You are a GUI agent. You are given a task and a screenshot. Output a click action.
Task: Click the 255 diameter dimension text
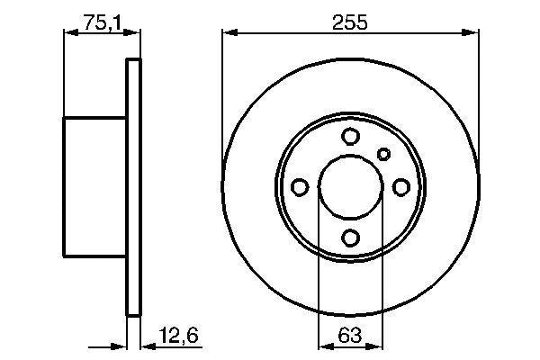tap(350, 23)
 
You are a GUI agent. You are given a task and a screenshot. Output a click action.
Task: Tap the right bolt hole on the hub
tap(400, 186)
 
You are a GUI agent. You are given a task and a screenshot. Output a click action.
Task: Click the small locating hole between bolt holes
tap(383, 153)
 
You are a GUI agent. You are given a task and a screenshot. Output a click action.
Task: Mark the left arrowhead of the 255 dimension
tap(229, 33)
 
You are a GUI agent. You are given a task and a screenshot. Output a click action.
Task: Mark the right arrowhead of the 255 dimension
tap(472, 33)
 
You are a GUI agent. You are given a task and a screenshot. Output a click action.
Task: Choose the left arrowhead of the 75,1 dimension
tap(69, 33)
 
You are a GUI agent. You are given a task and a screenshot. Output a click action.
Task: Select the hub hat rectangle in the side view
tap(94, 186)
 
